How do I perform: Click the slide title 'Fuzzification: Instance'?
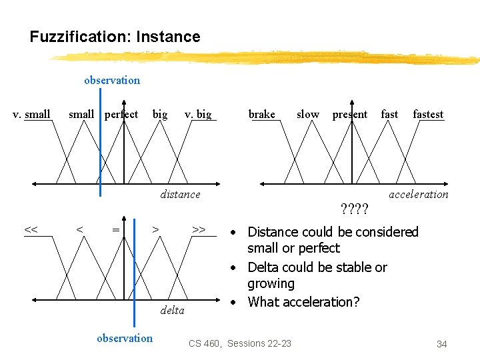tap(115, 37)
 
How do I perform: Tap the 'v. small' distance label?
tap(32, 114)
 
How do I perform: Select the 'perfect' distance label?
tap(121, 114)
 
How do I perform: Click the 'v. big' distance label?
tap(198, 114)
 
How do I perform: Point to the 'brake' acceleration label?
tap(261, 114)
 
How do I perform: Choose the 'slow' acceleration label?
tap(307, 114)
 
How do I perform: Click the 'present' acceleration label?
tap(350, 114)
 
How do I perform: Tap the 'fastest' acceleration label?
tap(428, 114)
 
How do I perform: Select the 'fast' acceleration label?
tap(389, 114)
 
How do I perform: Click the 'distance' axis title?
tap(180, 194)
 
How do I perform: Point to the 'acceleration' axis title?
tap(419, 194)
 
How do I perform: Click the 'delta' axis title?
tap(173, 310)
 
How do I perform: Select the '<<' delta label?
tap(31, 230)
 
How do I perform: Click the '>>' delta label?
tap(199, 230)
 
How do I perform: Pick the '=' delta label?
tap(116, 230)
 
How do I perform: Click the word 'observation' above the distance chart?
tap(112, 80)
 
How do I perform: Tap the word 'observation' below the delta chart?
tap(125, 338)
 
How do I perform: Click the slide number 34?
tap(441, 344)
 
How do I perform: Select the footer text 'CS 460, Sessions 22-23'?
tap(240, 343)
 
